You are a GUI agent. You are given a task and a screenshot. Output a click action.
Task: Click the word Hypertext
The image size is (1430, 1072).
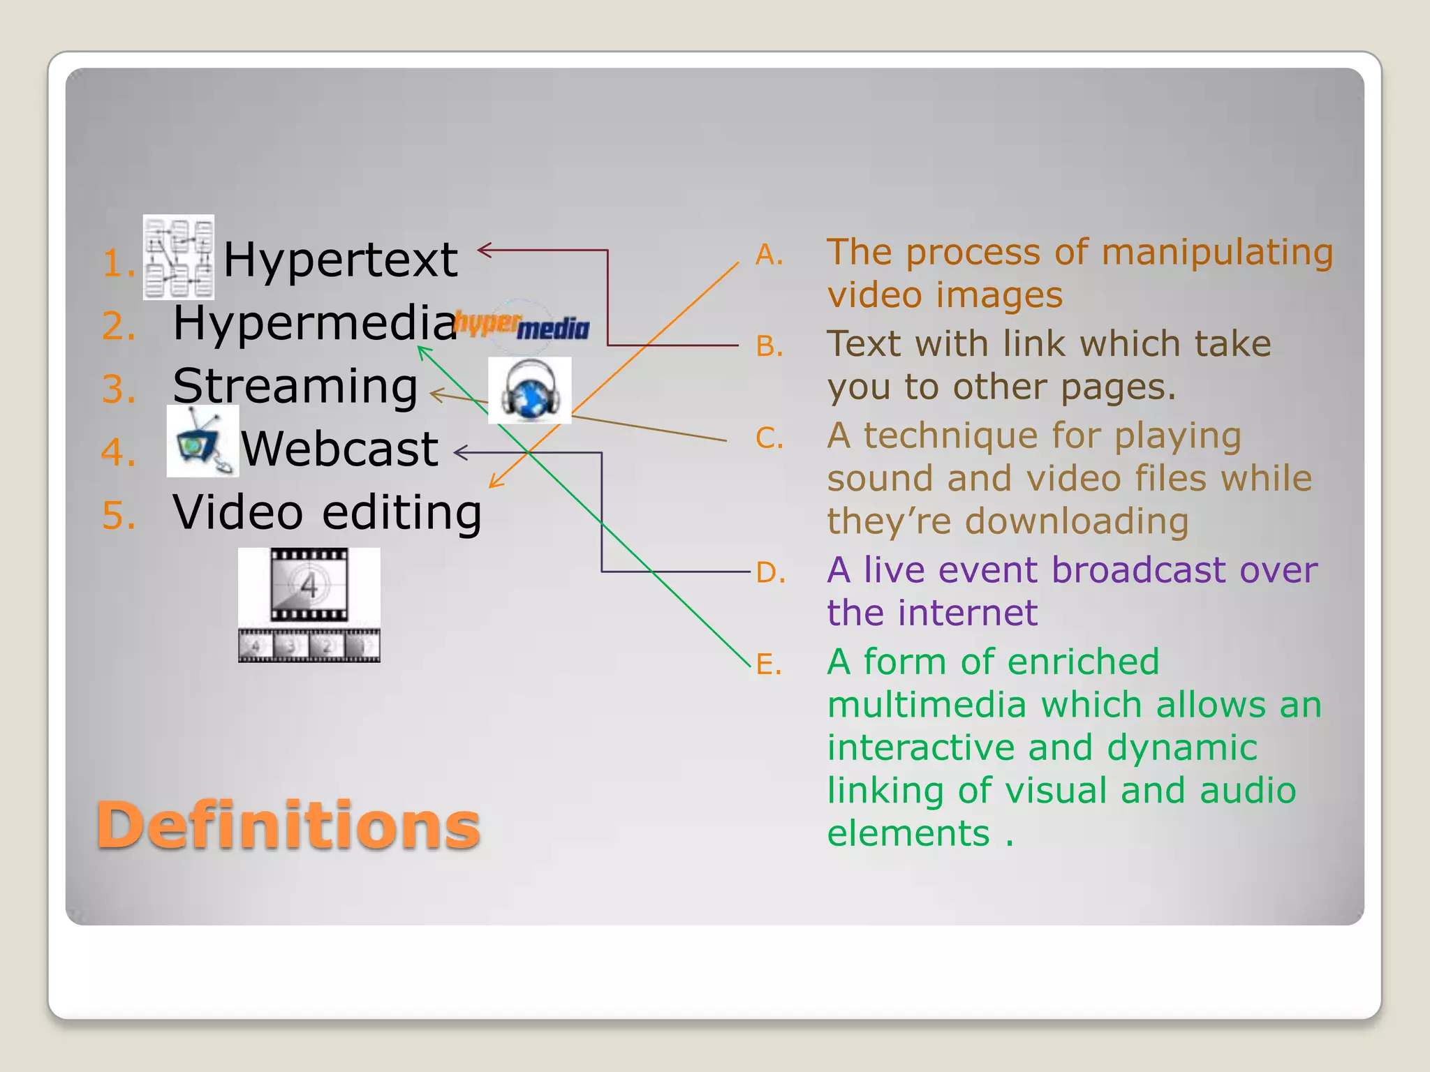[340, 260]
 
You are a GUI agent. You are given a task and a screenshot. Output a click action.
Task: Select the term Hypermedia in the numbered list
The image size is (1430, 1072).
[315, 323]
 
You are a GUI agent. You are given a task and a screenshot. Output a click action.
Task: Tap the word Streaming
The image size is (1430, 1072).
[295, 386]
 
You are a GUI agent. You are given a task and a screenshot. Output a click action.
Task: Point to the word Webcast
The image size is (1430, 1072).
[340, 449]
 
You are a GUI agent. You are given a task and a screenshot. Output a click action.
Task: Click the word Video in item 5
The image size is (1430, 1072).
[237, 512]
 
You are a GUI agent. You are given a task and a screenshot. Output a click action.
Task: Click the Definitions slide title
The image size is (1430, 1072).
[288, 825]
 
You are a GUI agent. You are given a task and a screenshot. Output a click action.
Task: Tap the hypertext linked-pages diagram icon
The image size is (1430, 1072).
[179, 258]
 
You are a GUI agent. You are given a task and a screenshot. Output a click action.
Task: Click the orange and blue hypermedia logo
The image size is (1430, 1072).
[522, 325]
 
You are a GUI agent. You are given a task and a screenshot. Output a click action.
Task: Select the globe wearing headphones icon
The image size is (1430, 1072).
[530, 391]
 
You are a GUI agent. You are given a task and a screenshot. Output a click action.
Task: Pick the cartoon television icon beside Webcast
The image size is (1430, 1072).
[202, 441]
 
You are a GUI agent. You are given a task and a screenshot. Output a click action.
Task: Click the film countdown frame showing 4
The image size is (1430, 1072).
[309, 584]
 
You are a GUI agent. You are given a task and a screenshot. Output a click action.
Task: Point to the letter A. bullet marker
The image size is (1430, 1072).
[769, 255]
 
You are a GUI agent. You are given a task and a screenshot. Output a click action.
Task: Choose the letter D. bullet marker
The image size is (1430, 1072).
[770, 573]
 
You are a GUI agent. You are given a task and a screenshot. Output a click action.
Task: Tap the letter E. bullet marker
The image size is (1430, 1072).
[769, 664]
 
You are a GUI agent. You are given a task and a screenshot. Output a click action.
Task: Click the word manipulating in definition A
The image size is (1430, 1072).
[1216, 253]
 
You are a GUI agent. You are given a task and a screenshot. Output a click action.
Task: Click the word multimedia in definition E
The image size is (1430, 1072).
[927, 705]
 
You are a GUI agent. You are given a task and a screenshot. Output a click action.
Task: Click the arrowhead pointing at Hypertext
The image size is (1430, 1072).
[483, 250]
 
